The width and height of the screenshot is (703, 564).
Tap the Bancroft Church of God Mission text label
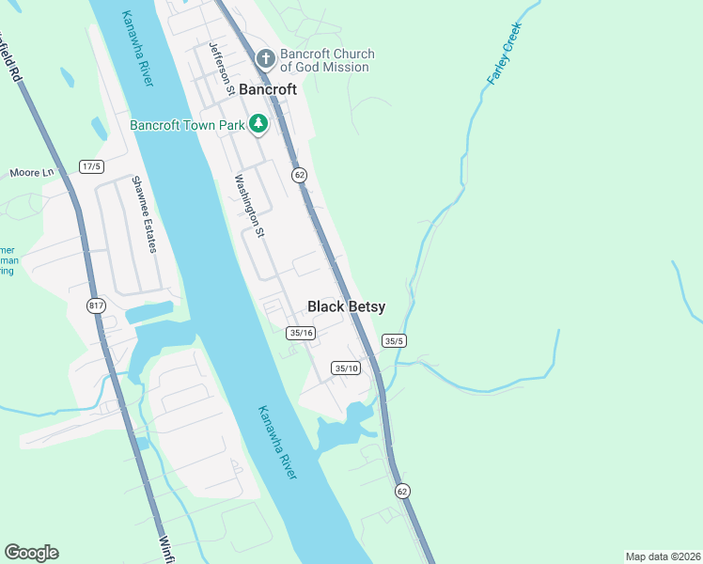pyautogui.click(x=327, y=61)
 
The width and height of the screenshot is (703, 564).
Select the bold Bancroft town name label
pyautogui.click(x=268, y=90)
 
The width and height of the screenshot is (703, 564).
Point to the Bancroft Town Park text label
pyautogui.click(x=188, y=124)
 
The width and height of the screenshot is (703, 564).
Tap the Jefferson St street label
pyautogui.click(x=222, y=69)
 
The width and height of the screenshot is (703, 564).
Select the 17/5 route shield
pyautogui.click(x=90, y=166)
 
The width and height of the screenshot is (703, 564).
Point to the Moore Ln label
pyautogui.click(x=33, y=173)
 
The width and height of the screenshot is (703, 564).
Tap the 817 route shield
pyautogui.click(x=96, y=305)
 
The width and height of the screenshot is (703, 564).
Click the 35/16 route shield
pyautogui.click(x=301, y=333)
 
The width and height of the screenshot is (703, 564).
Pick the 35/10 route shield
pyautogui.click(x=346, y=368)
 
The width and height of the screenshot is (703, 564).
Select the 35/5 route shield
pyautogui.click(x=393, y=341)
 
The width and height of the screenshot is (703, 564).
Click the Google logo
pyautogui.click(x=31, y=553)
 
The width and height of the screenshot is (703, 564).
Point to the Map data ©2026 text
pyautogui.click(x=663, y=556)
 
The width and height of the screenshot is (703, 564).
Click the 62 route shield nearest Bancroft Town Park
pyautogui.click(x=299, y=175)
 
